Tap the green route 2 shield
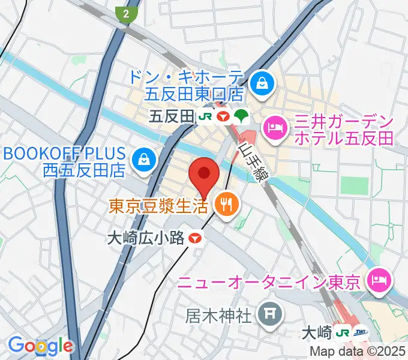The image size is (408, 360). (x=126, y=14)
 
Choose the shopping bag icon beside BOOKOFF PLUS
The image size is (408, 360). (x=145, y=160)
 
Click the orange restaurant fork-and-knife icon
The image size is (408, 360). (x=227, y=206)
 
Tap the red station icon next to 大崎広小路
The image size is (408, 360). (x=194, y=238)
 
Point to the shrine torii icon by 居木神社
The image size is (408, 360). (x=266, y=313)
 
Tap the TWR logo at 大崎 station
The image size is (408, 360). (x=361, y=332)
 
